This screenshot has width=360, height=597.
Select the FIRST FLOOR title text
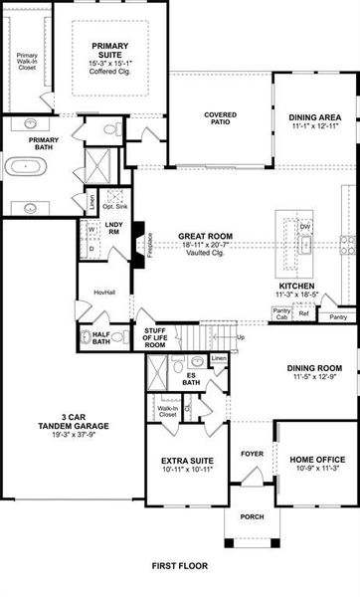coord(179,565)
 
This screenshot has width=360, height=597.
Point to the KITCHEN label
coord(295,286)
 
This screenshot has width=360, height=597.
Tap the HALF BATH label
coord(101,336)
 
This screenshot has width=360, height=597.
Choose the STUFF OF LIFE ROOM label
coord(154,337)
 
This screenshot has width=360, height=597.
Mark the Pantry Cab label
coord(281,313)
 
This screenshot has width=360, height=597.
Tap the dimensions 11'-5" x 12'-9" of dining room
coord(314,377)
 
